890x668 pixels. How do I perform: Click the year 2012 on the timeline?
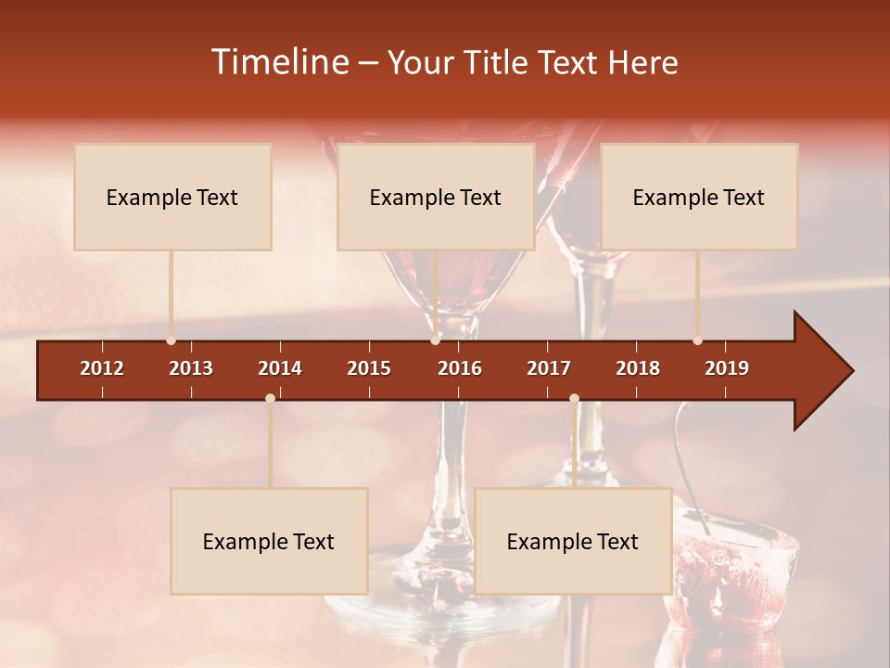[102, 368]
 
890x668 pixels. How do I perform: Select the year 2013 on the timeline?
[191, 368]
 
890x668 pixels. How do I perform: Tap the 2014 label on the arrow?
[280, 368]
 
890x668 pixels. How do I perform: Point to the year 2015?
[369, 368]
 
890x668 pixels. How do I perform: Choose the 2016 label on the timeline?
[460, 368]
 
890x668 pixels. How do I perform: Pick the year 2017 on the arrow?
[549, 368]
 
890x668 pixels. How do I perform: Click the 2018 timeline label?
[638, 368]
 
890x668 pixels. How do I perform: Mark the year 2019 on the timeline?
[727, 368]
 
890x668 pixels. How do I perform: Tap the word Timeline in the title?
[278, 62]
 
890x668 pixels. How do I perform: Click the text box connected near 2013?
[172, 197]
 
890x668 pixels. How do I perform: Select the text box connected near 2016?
[436, 197]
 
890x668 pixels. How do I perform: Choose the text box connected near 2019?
[699, 197]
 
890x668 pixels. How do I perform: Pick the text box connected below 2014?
[269, 541]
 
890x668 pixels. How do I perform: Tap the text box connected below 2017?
[573, 541]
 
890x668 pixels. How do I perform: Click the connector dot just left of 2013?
[171, 340]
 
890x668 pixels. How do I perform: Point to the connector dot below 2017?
[574, 399]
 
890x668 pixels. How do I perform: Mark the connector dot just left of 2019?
[697, 340]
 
